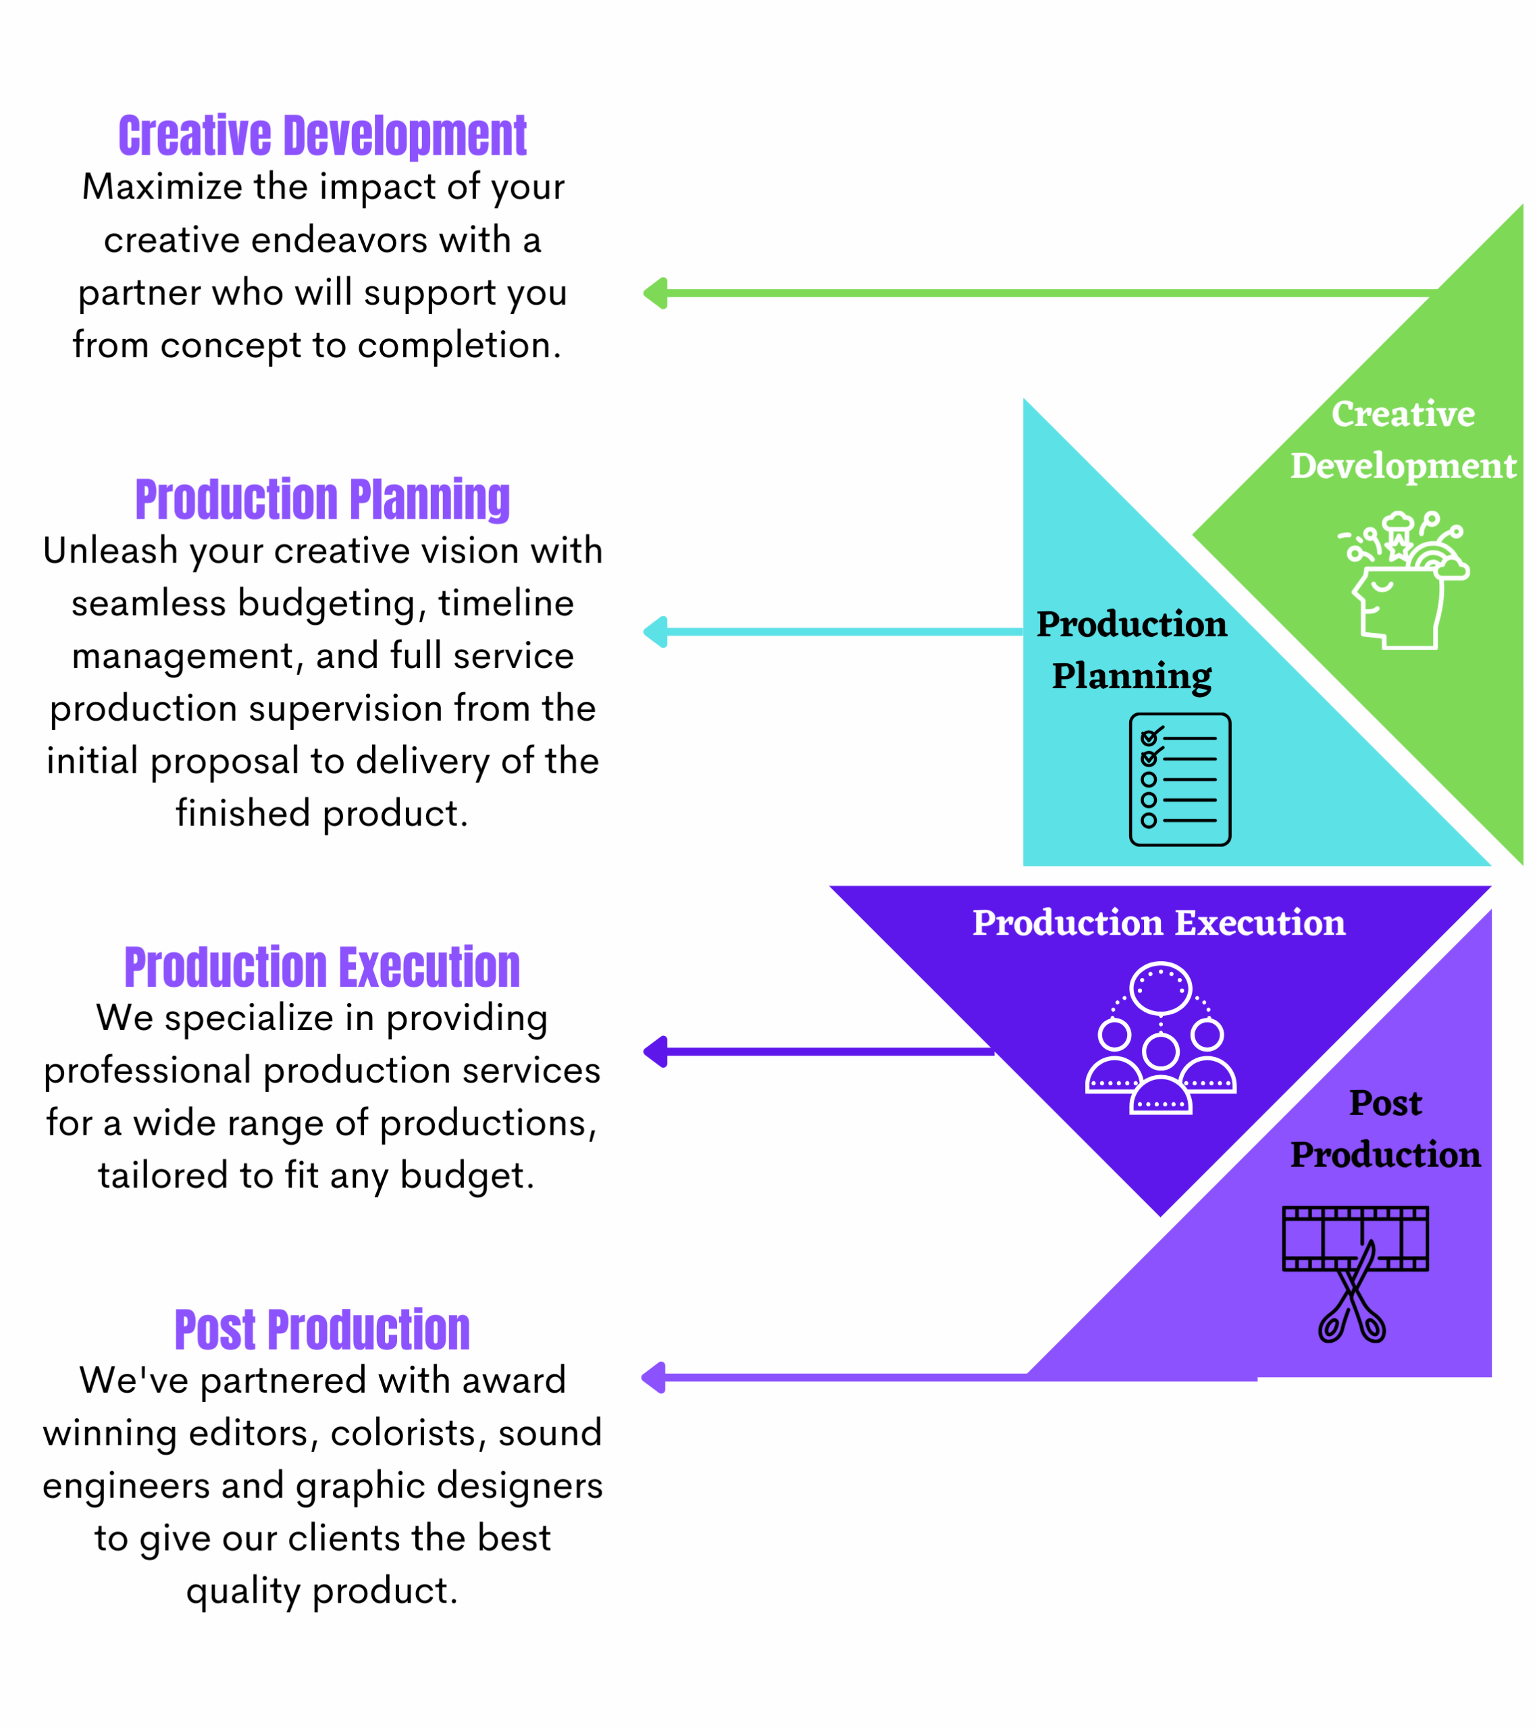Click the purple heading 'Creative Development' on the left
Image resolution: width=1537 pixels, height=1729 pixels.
(x=325, y=137)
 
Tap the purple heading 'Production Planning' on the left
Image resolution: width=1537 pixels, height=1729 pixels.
(x=325, y=503)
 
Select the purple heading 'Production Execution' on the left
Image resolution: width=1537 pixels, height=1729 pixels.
(x=325, y=975)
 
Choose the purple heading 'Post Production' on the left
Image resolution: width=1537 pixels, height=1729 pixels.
(x=325, y=1341)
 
